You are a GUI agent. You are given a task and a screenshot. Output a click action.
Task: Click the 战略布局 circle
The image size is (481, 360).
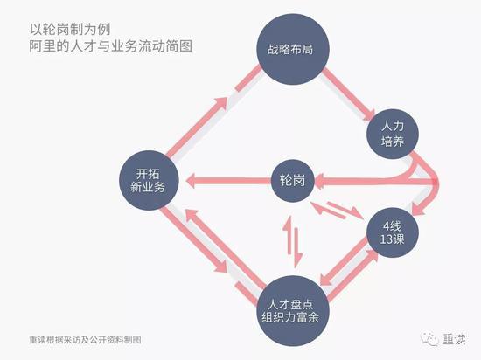293,49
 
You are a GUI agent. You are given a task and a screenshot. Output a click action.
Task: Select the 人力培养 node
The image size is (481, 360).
393,134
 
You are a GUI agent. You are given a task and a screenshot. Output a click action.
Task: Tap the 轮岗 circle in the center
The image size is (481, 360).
293,181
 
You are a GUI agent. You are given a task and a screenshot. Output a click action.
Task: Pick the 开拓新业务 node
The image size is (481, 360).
149,180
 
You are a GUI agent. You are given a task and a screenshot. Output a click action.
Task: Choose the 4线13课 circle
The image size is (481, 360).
393,232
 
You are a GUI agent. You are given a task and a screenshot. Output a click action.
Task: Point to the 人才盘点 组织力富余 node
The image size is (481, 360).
293,311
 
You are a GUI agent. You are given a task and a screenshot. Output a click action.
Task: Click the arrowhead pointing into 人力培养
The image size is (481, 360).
368,116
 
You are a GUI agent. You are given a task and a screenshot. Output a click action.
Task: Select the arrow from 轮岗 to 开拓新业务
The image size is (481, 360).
229,181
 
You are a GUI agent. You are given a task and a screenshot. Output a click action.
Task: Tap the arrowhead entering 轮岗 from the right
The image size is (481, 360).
320,181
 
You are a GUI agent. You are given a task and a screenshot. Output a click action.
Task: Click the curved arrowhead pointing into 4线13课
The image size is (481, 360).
418,209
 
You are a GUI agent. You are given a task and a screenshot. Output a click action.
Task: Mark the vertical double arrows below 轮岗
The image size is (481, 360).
293,241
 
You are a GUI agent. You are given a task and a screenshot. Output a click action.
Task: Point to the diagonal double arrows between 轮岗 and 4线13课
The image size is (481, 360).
337,210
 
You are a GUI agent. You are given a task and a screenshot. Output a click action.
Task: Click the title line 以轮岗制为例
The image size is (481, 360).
70,30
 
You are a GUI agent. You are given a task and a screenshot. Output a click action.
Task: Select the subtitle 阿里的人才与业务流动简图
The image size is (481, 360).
111,46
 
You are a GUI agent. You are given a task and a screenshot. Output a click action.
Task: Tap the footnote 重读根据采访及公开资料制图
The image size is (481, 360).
86,340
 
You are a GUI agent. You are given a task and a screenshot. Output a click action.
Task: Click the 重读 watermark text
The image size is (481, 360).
454,339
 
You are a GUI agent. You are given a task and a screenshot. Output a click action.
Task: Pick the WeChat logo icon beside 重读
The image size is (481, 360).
429,339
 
